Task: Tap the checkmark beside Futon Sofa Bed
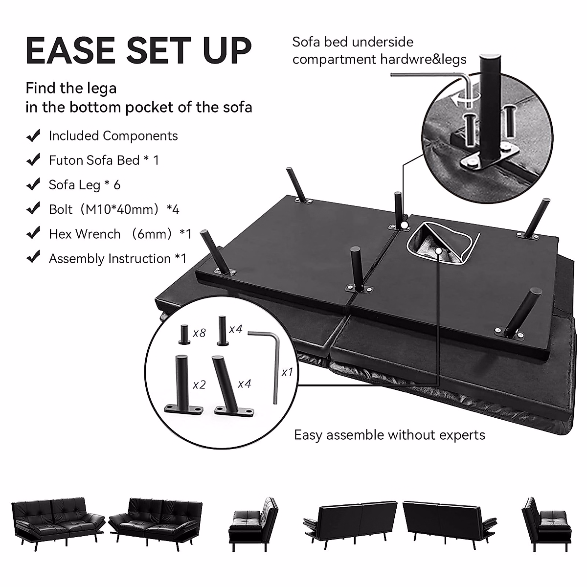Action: click(33, 160)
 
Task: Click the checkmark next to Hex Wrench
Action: click(33, 233)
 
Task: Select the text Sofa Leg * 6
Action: click(84, 185)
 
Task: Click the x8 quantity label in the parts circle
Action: click(199, 333)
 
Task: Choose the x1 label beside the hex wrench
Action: click(287, 372)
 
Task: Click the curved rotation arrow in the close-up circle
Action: click(460, 100)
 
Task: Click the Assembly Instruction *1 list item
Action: click(117, 258)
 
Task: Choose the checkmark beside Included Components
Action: click(33, 135)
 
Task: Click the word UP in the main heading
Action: click(226, 50)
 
